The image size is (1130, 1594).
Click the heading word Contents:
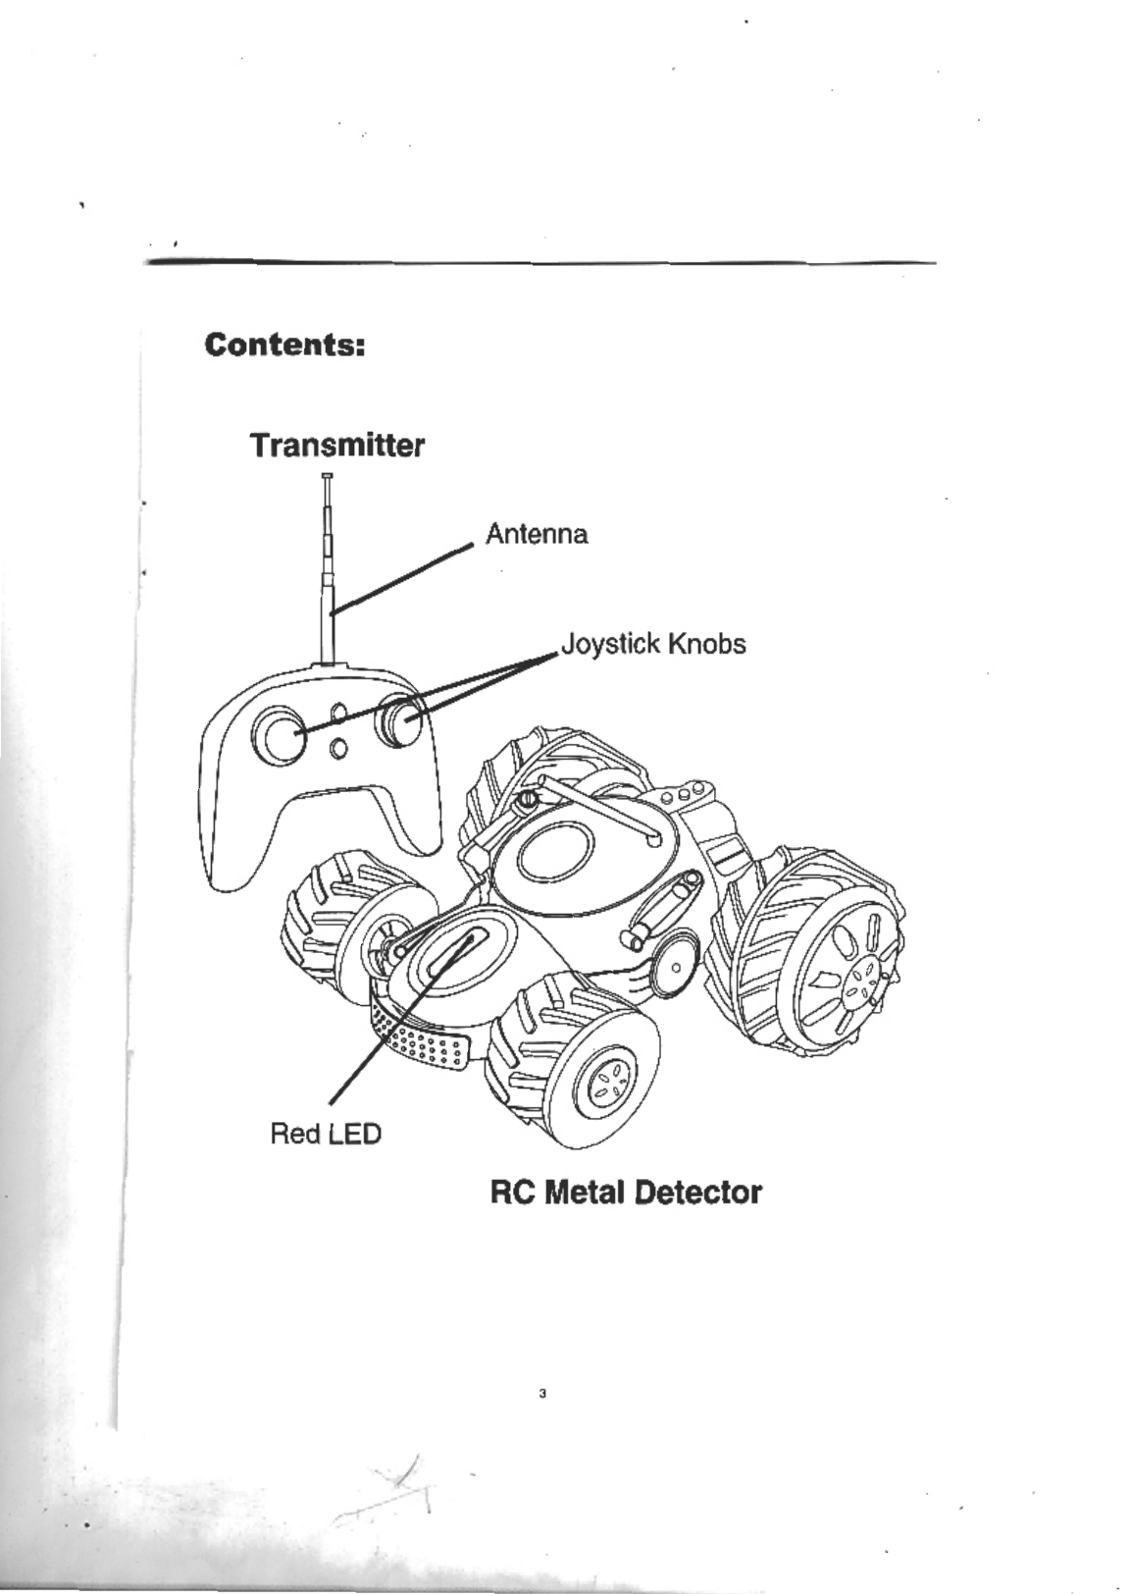284,345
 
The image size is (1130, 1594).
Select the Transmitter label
336,446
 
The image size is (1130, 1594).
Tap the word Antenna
537,535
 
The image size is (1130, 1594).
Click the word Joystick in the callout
610,645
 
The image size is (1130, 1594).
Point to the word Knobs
706,645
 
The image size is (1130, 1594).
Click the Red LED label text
325,1135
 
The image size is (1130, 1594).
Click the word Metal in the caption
586,1193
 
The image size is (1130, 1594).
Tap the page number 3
542,1394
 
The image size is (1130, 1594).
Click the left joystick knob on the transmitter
280,735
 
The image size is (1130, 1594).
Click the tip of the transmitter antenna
327,477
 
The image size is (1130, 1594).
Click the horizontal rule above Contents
539,263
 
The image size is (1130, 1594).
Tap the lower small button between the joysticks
338,749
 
